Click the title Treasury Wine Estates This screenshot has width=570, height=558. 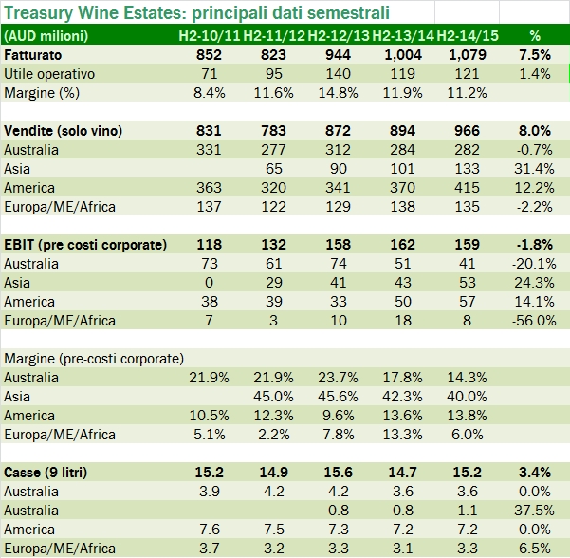click(x=198, y=14)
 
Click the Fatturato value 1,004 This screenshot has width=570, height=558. click(x=401, y=54)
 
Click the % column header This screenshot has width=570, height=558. click(x=535, y=35)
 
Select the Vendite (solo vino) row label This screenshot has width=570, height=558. click(x=71, y=131)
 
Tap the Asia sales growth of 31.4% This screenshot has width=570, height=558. click(x=535, y=169)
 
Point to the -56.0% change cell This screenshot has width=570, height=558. click(x=535, y=321)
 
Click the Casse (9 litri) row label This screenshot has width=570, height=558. click(x=54, y=473)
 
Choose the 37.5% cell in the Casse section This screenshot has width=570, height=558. click(x=535, y=511)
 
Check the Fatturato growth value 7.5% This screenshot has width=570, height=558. click(x=536, y=54)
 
